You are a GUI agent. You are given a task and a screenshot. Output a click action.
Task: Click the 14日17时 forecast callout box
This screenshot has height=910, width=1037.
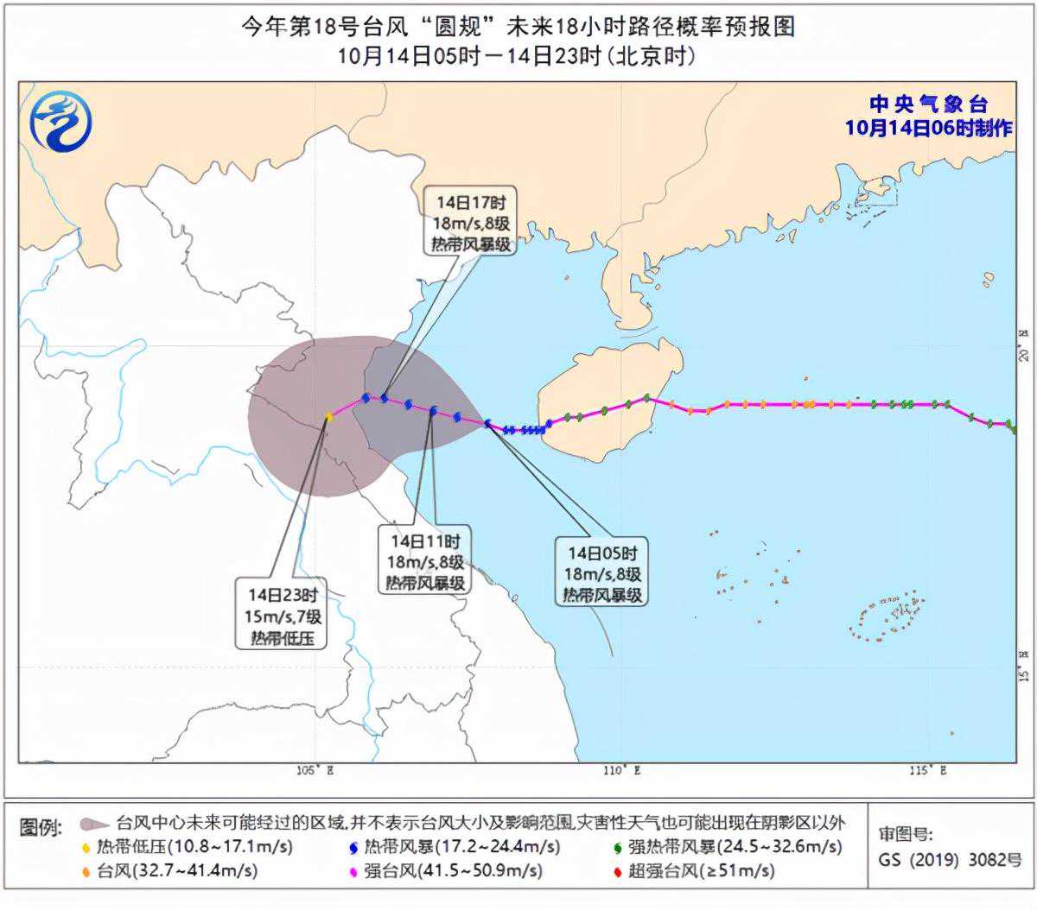(x=471, y=223)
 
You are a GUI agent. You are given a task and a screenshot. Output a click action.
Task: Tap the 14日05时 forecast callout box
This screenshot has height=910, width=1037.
(x=603, y=573)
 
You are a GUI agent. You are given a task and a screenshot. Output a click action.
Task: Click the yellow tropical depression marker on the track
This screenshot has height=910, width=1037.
(x=328, y=417)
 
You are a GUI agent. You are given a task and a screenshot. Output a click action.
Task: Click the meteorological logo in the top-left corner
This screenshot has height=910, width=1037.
(x=60, y=120)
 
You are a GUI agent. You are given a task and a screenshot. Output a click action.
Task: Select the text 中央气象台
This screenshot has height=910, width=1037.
(x=928, y=104)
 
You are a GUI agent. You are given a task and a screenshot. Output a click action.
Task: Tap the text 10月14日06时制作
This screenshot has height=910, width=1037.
(x=928, y=128)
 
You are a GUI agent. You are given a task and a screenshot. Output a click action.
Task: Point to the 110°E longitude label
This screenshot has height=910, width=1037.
(x=621, y=770)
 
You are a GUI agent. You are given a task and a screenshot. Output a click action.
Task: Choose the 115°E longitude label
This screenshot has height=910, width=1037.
(x=927, y=770)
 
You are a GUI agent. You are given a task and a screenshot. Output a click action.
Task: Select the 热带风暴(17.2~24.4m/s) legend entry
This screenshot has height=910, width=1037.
(x=452, y=847)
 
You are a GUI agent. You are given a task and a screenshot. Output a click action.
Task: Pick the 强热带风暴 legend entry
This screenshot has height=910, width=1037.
(x=726, y=847)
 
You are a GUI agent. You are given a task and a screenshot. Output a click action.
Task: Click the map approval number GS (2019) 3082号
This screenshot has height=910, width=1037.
(x=950, y=861)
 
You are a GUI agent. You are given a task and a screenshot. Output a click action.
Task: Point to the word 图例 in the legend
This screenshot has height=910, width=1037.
(x=41, y=827)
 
